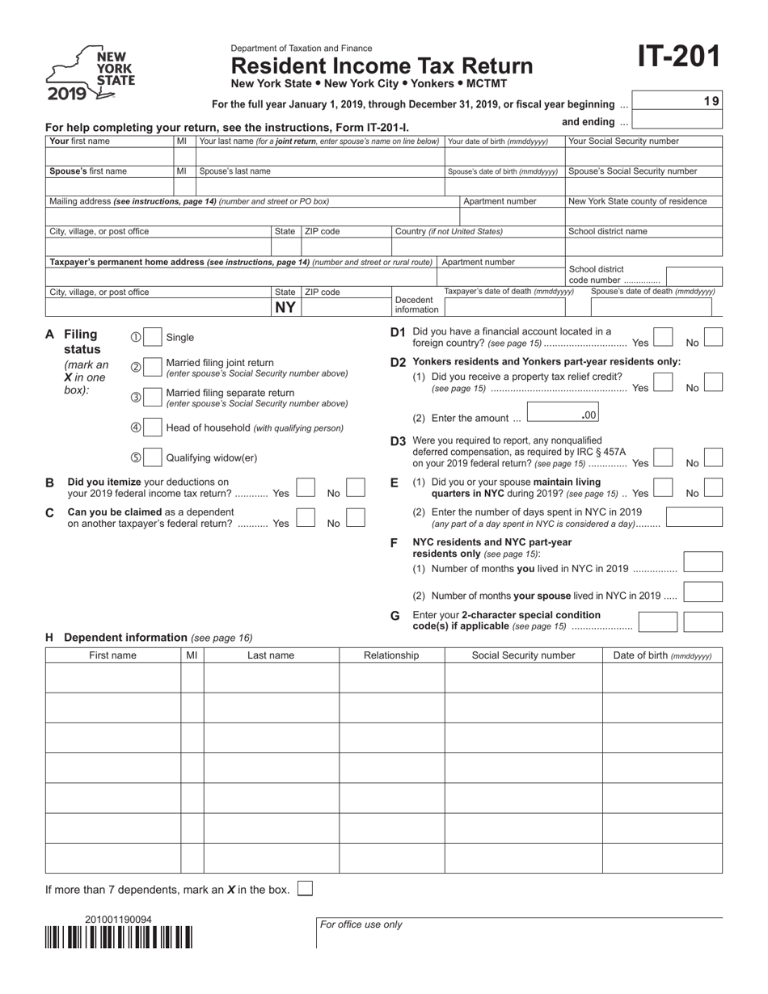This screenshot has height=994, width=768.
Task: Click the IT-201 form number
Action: pos(677,58)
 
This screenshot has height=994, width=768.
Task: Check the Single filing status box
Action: pos(153,337)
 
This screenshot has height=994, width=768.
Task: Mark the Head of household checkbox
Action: pos(153,428)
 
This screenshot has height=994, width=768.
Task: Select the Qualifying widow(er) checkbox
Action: pos(153,457)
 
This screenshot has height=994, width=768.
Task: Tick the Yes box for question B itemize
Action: pos(306,488)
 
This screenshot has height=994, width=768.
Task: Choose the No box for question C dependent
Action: pos(355,518)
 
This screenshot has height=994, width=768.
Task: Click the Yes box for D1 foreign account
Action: pos(663,337)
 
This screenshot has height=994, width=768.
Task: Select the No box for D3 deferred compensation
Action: pos(713,457)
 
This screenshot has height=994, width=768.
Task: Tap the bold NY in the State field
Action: pos(285,307)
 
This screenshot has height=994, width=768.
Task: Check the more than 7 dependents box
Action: pos(306,889)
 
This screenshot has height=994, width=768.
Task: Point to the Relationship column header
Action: pos(391,655)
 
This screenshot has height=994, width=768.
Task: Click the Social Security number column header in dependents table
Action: pos(523,655)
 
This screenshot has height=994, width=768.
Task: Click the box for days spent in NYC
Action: pos(694,517)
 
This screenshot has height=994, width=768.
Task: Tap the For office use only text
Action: pos(361,925)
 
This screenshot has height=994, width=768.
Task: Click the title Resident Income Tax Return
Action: pos(382,65)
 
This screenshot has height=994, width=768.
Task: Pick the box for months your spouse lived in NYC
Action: pos(703,592)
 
